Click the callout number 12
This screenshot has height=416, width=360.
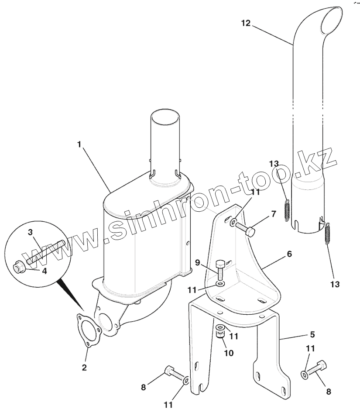pyautogui.click(x=246, y=23)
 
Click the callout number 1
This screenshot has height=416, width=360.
pyautogui.click(x=79, y=144)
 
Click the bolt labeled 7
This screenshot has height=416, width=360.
pyautogui.click(x=245, y=229)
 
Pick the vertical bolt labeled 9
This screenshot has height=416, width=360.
pyautogui.click(x=221, y=270)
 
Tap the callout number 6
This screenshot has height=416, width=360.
pyautogui.click(x=289, y=254)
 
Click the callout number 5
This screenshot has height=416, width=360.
pyautogui.click(x=312, y=334)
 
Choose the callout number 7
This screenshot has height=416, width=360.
pyautogui.click(x=274, y=213)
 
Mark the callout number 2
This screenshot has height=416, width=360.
pyautogui.click(x=84, y=368)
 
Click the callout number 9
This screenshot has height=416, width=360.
pyautogui.click(x=197, y=263)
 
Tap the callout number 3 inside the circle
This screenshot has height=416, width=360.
pyautogui.click(x=30, y=232)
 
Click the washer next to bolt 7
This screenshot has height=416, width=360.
pyautogui.click(x=233, y=221)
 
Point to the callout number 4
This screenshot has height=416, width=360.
pyautogui.click(x=45, y=271)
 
